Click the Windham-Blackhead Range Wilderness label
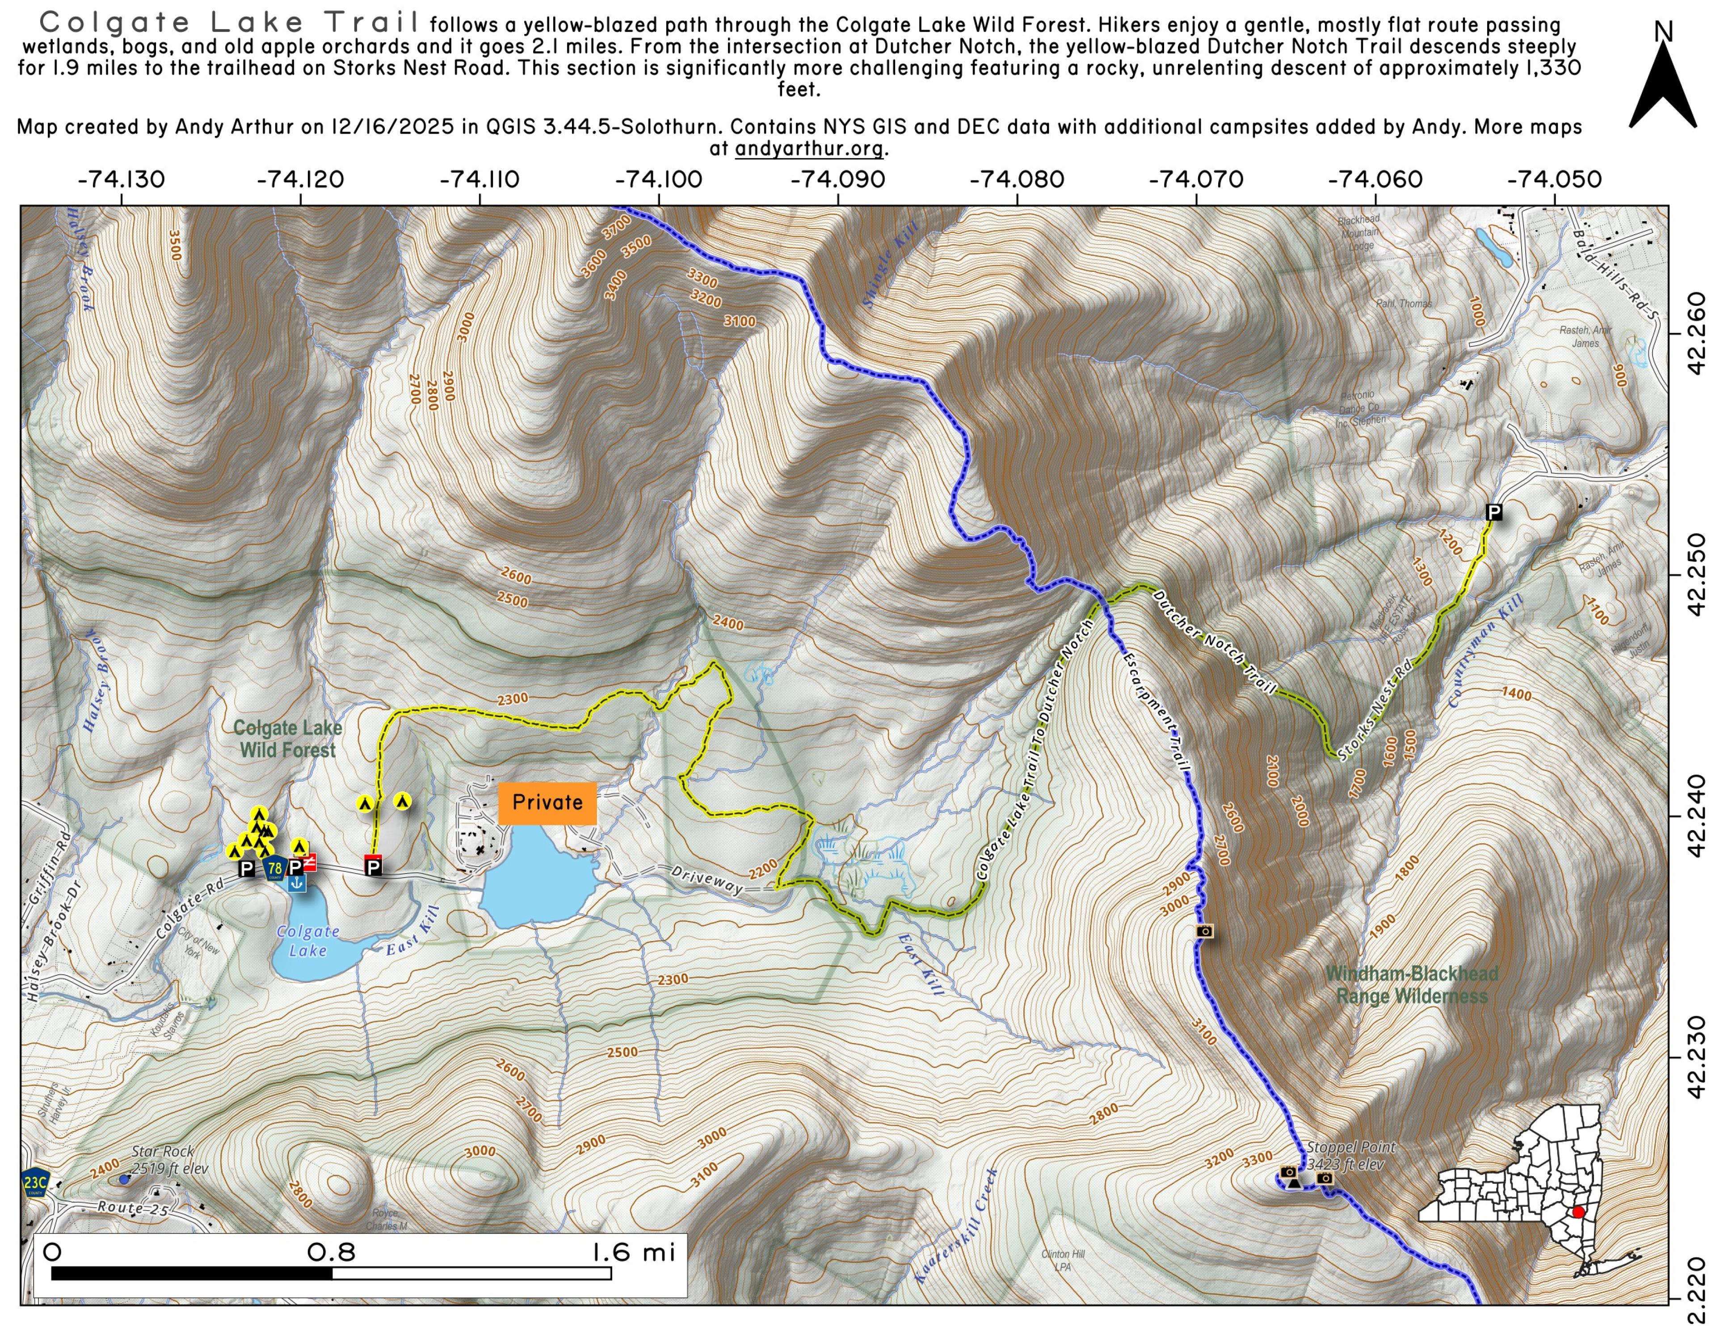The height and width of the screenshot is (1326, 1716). tap(1412, 985)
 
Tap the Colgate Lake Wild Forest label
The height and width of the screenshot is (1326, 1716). tap(288, 739)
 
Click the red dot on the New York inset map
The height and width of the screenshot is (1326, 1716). tap(1578, 1213)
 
